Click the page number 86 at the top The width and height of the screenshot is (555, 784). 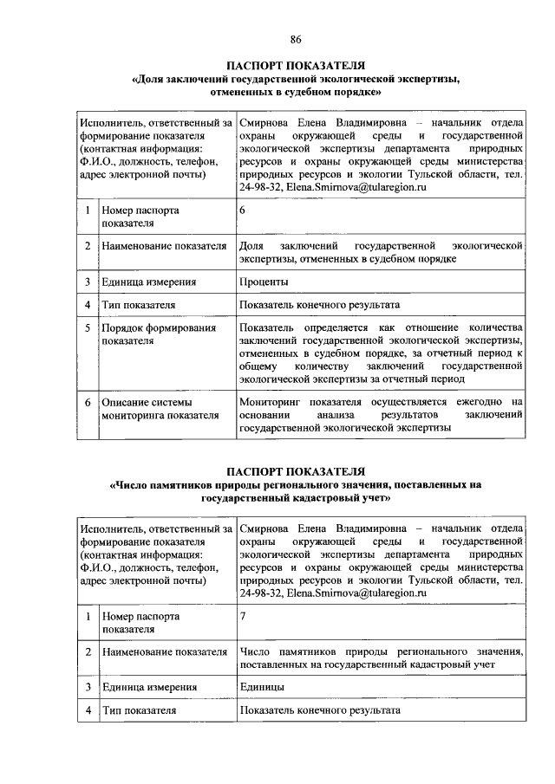(295, 38)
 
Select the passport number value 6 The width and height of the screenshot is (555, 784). (243, 211)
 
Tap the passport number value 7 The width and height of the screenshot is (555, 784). (243, 616)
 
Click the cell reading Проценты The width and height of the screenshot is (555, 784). (264, 282)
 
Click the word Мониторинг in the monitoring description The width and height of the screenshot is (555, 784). (270, 402)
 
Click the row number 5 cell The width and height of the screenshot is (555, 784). (88, 328)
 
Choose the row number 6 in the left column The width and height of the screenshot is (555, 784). (88, 402)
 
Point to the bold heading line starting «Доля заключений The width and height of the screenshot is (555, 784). (295, 78)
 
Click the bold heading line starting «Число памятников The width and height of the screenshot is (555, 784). (295, 484)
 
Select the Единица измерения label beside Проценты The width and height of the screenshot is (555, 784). (148, 282)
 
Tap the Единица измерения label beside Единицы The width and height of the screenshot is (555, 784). (148, 687)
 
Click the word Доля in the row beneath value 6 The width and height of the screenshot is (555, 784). (252, 246)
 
